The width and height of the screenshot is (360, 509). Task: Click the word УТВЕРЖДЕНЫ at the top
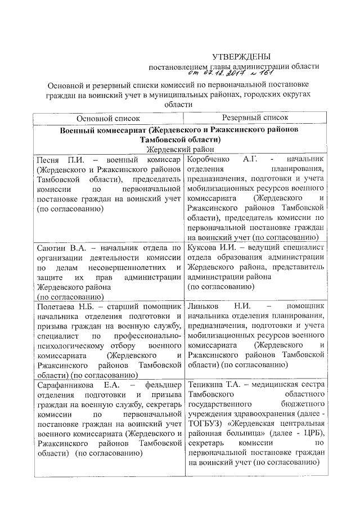(x=241, y=56)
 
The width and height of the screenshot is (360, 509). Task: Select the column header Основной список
(x=109, y=118)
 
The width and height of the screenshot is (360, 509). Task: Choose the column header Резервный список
(x=255, y=118)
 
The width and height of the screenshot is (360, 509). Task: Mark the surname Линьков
(x=204, y=307)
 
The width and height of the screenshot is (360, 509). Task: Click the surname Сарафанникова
(x=65, y=386)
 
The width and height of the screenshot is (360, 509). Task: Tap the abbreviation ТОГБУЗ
(x=205, y=422)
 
